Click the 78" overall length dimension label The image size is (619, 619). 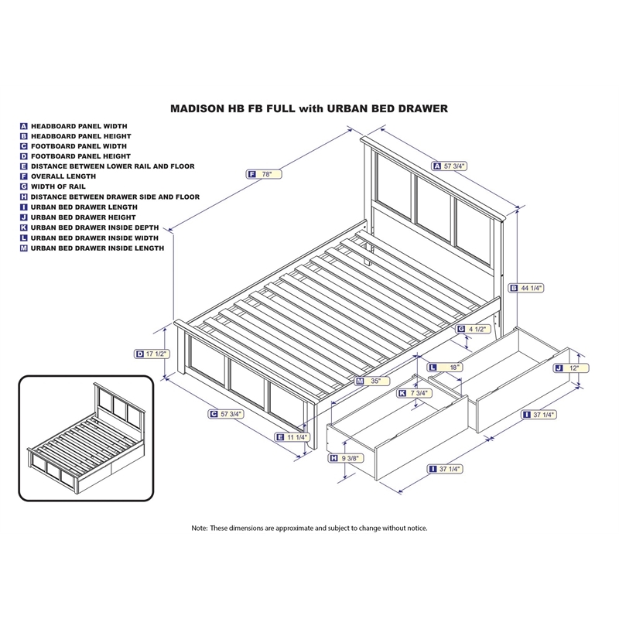tap(264, 175)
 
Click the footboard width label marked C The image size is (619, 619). tap(226, 414)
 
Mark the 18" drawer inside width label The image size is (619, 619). tap(446, 366)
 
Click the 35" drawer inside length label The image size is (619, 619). tap(373, 381)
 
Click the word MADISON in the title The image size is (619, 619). tap(199, 109)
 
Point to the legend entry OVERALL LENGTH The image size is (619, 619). tap(63, 176)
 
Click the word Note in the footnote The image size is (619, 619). tap(200, 528)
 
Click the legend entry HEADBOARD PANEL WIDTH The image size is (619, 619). tap(79, 125)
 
